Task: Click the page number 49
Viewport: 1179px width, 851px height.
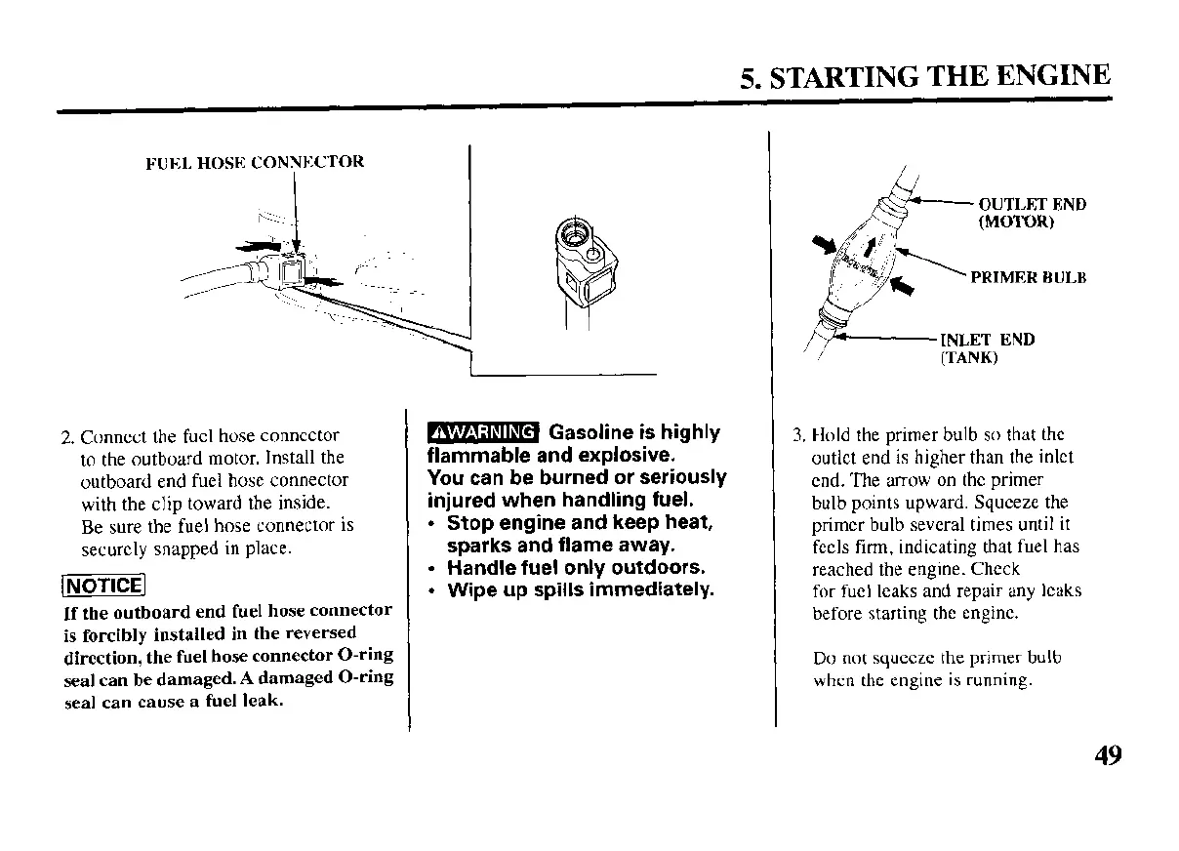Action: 1107,755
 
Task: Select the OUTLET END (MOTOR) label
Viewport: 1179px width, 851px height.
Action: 1031,213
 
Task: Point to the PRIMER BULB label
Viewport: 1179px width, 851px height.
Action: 1029,278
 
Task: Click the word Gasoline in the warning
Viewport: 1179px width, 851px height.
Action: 596,432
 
